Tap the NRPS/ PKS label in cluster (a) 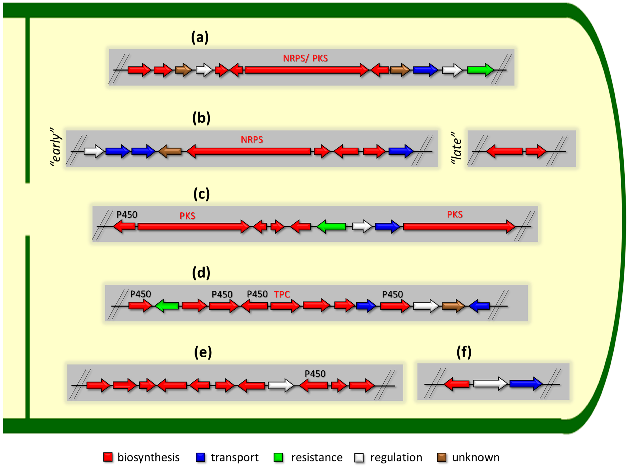pyautogui.click(x=305, y=58)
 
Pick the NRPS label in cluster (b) pyautogui.click(x=252, y=140)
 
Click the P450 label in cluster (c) pyautogui.click(x=127, y=215)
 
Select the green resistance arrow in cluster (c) pyautogui.click(x=331, y=226)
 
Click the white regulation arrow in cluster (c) pyautogui.click(x=362, y=226)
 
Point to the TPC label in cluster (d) pyautogui.click(x=282, y=295)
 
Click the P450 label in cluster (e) pyautogui.click(x=315, y=374)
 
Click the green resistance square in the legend pyautogui.click(x=278, y=457)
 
